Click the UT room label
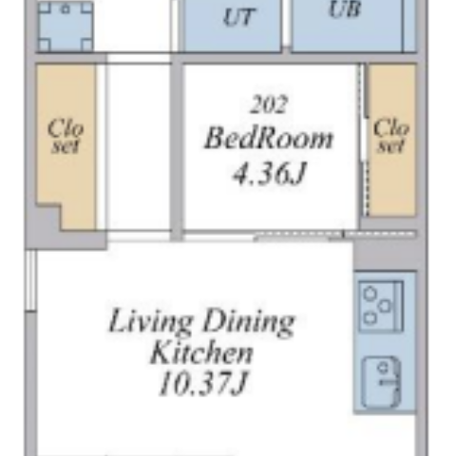coord(238,17)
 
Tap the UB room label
coord(345,9)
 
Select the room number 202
coord(269,104)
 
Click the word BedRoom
coord(269,138)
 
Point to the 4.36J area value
coord(270,173)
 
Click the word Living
coord(150,322)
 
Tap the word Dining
coord(249,322)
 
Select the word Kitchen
coord(201,351)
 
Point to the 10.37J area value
coord(202,384)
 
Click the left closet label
coord(66,137)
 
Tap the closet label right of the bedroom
coord(391,136)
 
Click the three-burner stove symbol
coord(381,307)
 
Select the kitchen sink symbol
coord(381,382)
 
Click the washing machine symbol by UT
coord(66,26)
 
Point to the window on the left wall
coord(30,280)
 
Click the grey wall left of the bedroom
coord(177,151)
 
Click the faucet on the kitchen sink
coord(389,382)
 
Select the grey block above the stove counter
coord(385,255)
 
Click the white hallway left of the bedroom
coord(138,147)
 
